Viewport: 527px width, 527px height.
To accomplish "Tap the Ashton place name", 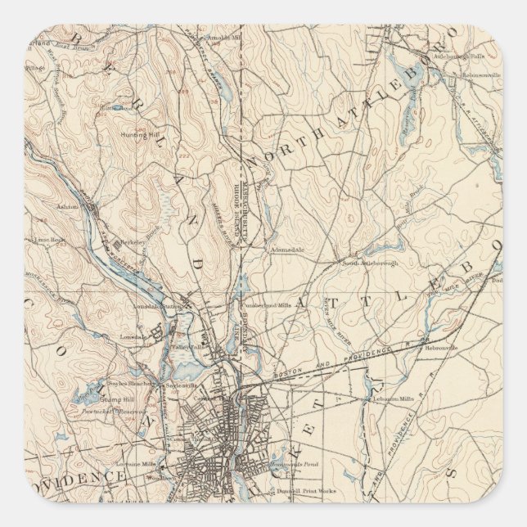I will pos(68,207).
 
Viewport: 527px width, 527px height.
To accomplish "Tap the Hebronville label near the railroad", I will pos(441,348).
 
